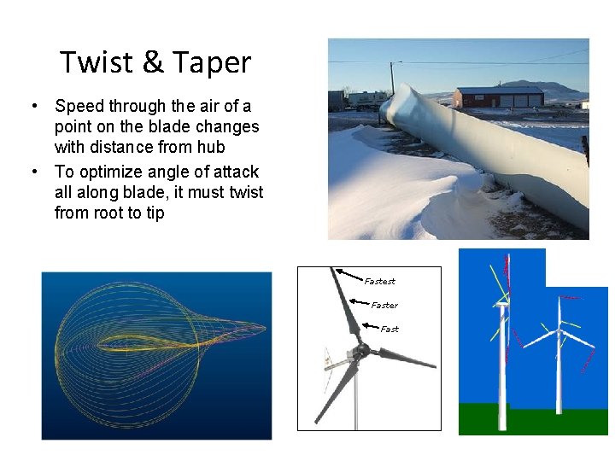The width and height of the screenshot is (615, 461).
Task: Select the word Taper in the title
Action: pyautogui.click(x=211, y=63)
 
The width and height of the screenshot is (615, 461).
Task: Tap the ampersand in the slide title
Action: pyautogui.click(x=153, y=62)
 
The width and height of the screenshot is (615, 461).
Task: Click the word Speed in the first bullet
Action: pyautogui.click(x=77, y=106)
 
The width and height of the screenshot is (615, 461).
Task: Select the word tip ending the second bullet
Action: pyautogui.click(x=155, y=213)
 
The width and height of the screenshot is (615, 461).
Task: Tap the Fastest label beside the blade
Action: pyautogui.click(x=379, y=281)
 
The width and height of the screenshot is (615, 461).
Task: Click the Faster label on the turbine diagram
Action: pyautogui.click(x=384, y=305)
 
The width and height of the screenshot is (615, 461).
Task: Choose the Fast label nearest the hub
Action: pyautogui.click(x=389, y=329)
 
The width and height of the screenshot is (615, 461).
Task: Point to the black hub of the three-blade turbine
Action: pyautogui.click(x=361, y=350)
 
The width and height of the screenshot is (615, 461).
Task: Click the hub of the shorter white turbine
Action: pyautogui.click(x=559, y=331)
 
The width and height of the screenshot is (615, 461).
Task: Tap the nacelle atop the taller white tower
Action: pyautogui.click(x=501, y=302)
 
